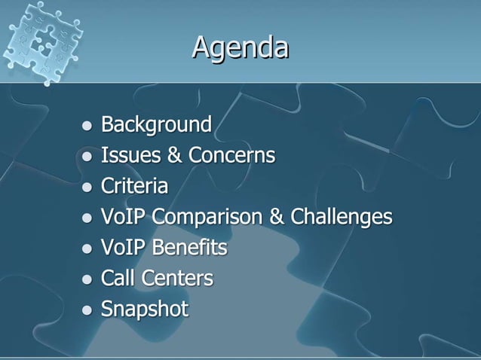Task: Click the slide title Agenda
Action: [240, 47]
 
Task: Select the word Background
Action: [156, 124]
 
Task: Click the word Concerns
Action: [231, 155]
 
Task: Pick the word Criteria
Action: [134, 186]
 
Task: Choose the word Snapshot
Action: [144, 310]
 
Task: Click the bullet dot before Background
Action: [87, 125]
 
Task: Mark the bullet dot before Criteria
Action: [87, 187]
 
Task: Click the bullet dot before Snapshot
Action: [87, 310]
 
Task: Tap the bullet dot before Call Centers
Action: [87, 279]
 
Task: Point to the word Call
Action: [117, 279]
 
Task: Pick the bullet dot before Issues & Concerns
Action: [87, 156]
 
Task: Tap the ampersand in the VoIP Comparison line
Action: [276, 217]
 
